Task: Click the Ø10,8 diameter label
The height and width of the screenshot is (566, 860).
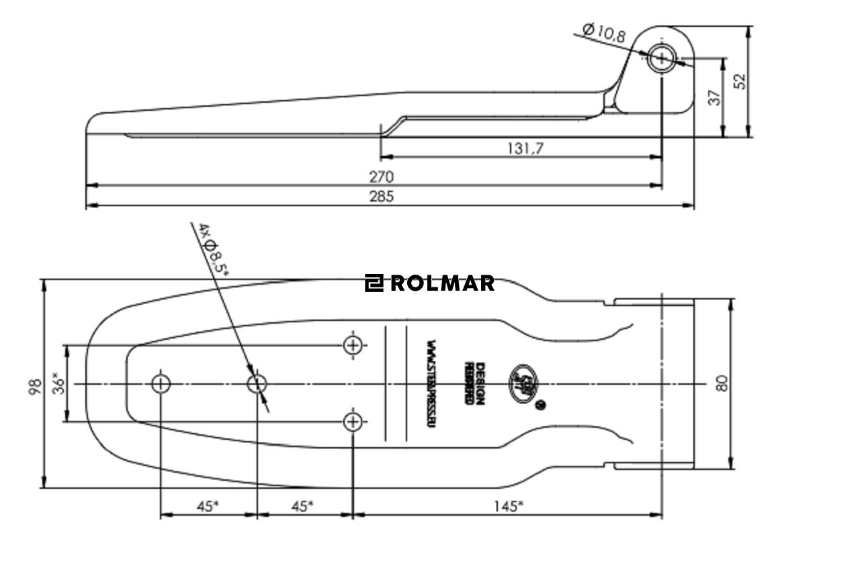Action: click(x=604, y=32)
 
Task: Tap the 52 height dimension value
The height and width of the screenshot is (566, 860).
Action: click(x=739, y=81)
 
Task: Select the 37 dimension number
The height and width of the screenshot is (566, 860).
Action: click(x=715, y=97)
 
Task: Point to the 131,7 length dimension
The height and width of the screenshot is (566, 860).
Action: click(x=525, y=148)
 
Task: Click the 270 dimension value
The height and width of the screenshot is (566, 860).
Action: click(x=381, y=177)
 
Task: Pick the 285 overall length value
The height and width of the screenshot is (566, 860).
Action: click(x=381, y=196)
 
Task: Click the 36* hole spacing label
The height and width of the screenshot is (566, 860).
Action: click(x=60, y=383)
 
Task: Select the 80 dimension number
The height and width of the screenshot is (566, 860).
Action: click(x=722, y=383)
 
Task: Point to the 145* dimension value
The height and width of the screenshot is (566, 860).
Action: click(x=508, y=506)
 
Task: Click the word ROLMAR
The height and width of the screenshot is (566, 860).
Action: click(x=442, y=283)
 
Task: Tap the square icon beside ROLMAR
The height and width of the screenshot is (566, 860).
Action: click(x=374, y=283)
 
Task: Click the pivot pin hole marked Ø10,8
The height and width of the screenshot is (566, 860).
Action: click(x=662, y=58)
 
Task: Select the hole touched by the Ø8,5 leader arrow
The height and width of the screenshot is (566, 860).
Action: click(x=257, y=384)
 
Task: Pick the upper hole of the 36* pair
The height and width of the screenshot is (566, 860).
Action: click(x=353, y=345)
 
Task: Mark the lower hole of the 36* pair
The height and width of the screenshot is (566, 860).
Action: click(x=353, y=422)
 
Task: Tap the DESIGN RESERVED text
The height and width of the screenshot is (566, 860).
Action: click(x=474, y=384)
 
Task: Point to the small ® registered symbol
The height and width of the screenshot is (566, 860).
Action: click(x=542, y=405)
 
